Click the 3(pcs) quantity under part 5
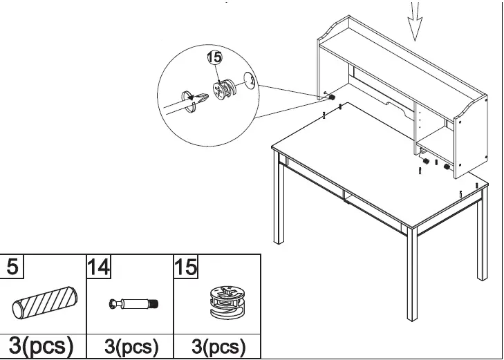[43, 344]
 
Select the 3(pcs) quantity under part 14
[131, 345]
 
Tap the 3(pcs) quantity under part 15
[216, 345]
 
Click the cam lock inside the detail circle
[225, 91]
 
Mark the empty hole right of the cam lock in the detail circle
[252, 83]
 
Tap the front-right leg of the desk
[411, 276]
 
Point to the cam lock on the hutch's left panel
[332, 98]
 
